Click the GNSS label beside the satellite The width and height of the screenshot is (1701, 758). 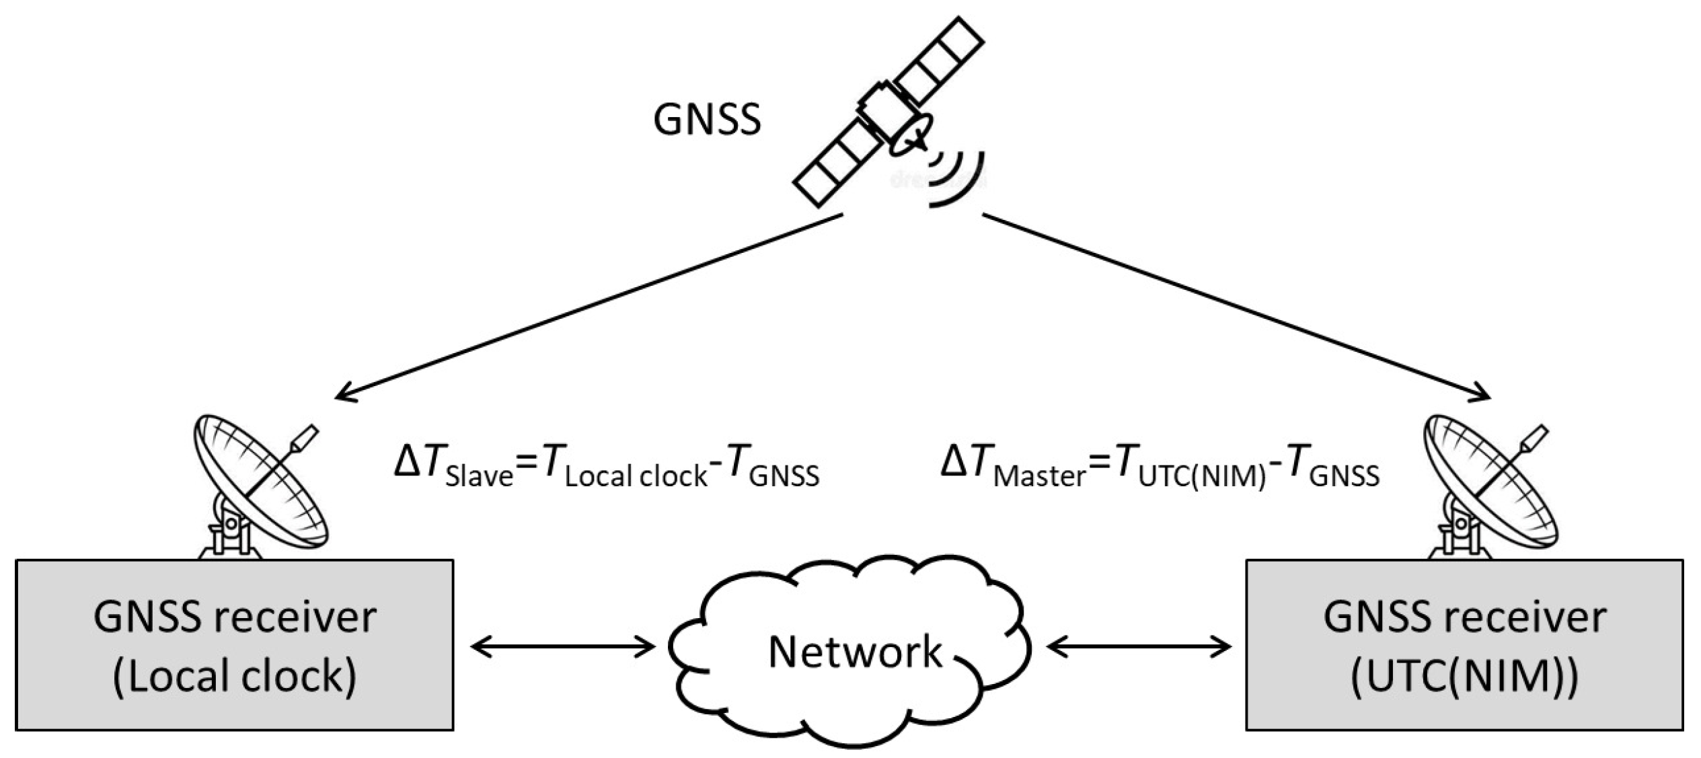pos(706,120)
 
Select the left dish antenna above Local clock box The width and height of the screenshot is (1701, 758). pos(259,484)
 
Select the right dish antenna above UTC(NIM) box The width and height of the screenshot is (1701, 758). pos(1490,484)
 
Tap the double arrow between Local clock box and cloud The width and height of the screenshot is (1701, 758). pos(562,647)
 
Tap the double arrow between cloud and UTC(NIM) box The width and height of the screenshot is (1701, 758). pos(1138,647)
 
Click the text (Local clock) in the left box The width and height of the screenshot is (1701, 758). pos(234,676)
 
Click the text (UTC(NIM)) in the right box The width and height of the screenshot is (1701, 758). pos(1464,676)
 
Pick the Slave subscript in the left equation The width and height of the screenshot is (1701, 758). pos(479,477)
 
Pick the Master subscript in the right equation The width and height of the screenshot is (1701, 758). pos(1039,477)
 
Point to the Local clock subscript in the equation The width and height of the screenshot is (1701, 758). pos(636,477)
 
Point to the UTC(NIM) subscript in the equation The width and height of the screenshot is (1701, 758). pos(1203,477)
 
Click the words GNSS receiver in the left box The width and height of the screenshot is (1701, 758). pos(234,617)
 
